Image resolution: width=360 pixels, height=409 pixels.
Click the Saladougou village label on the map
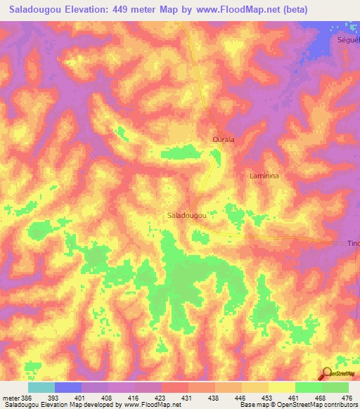pos(186,216)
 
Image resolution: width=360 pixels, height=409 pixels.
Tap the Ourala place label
pos(223,140)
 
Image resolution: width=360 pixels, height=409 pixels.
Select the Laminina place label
pos(264,176)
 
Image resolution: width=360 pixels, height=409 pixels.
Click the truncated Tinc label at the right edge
pos(353,243)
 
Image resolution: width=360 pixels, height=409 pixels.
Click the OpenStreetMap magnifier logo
pos(326,375)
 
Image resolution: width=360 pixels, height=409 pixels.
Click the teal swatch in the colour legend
pos(41,387)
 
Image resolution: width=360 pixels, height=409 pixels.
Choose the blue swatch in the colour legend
pos(68,387)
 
